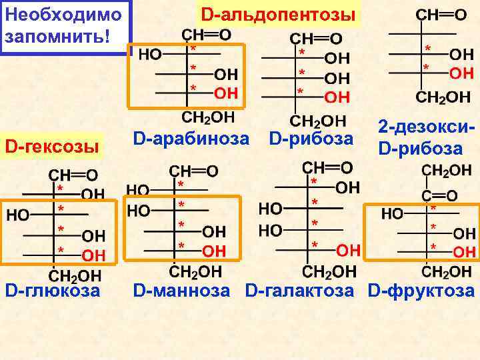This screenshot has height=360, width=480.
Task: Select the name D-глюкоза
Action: pyautogui.click(x=53, y=291)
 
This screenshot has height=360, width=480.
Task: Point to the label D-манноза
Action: pyautogui.click(x=181, y=291)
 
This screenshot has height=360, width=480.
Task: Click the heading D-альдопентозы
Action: pyautogui.click(x=279, y=14)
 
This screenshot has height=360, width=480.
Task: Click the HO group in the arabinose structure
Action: pyautogui.click(x=150, y=55)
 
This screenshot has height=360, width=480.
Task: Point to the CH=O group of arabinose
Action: pyautogui.click(x=207, y=34)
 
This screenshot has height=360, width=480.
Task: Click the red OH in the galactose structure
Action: pyautogui.click(x=349, y=251)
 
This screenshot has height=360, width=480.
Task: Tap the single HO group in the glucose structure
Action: pyautogui.click(x=19, y=215)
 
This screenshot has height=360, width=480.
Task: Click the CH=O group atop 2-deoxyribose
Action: pyautogui.click(x=441, y=15)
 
